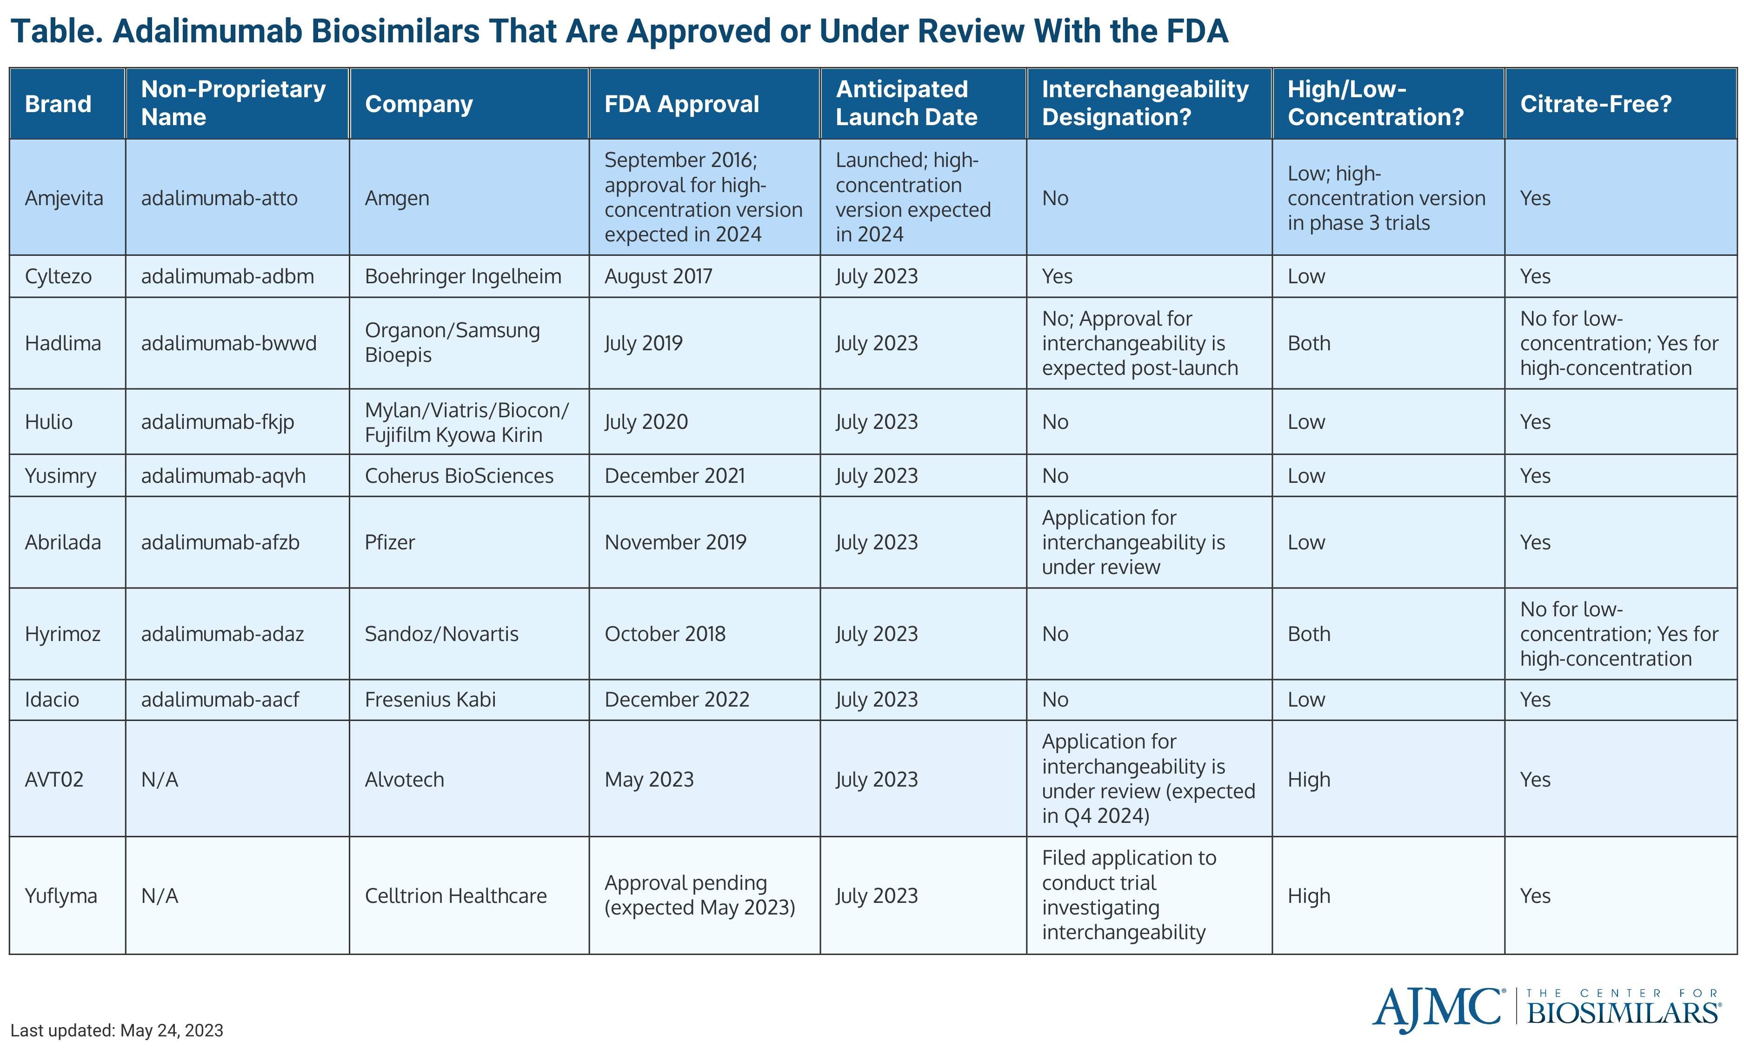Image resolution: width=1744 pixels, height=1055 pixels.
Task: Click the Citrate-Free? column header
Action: (1595, 104)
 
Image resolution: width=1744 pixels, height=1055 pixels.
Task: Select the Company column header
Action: (418, 104)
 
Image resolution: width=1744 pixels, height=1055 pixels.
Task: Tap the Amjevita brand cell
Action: (64, 198)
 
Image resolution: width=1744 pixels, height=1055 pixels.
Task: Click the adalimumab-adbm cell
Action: (227, 276)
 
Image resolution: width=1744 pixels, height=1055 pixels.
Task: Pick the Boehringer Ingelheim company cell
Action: (463, 276)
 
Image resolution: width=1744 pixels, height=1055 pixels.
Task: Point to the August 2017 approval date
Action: (658, 276)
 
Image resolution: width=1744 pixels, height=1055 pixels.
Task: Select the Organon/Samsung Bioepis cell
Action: (453, 343)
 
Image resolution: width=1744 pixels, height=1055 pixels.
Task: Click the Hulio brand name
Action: (49, 422)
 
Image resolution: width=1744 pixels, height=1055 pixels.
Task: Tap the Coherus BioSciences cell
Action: (459, 476)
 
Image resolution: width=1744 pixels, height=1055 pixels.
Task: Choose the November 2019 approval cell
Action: (675, 542)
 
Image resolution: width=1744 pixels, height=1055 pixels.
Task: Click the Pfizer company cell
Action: (390, 542)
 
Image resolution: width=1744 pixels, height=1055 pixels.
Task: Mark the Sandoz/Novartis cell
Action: (442, 634)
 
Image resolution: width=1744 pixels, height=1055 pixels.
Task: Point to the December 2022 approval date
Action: (677, 700)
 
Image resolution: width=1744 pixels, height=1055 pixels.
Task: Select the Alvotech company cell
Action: (404, 780)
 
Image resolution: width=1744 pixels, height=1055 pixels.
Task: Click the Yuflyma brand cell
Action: (61, 896)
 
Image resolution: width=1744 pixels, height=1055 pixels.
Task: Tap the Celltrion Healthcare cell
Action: (456, 896)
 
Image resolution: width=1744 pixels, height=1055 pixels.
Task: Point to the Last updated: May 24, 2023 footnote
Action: (117, 1030)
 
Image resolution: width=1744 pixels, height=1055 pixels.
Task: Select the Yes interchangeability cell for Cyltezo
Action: (1057, 276)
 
